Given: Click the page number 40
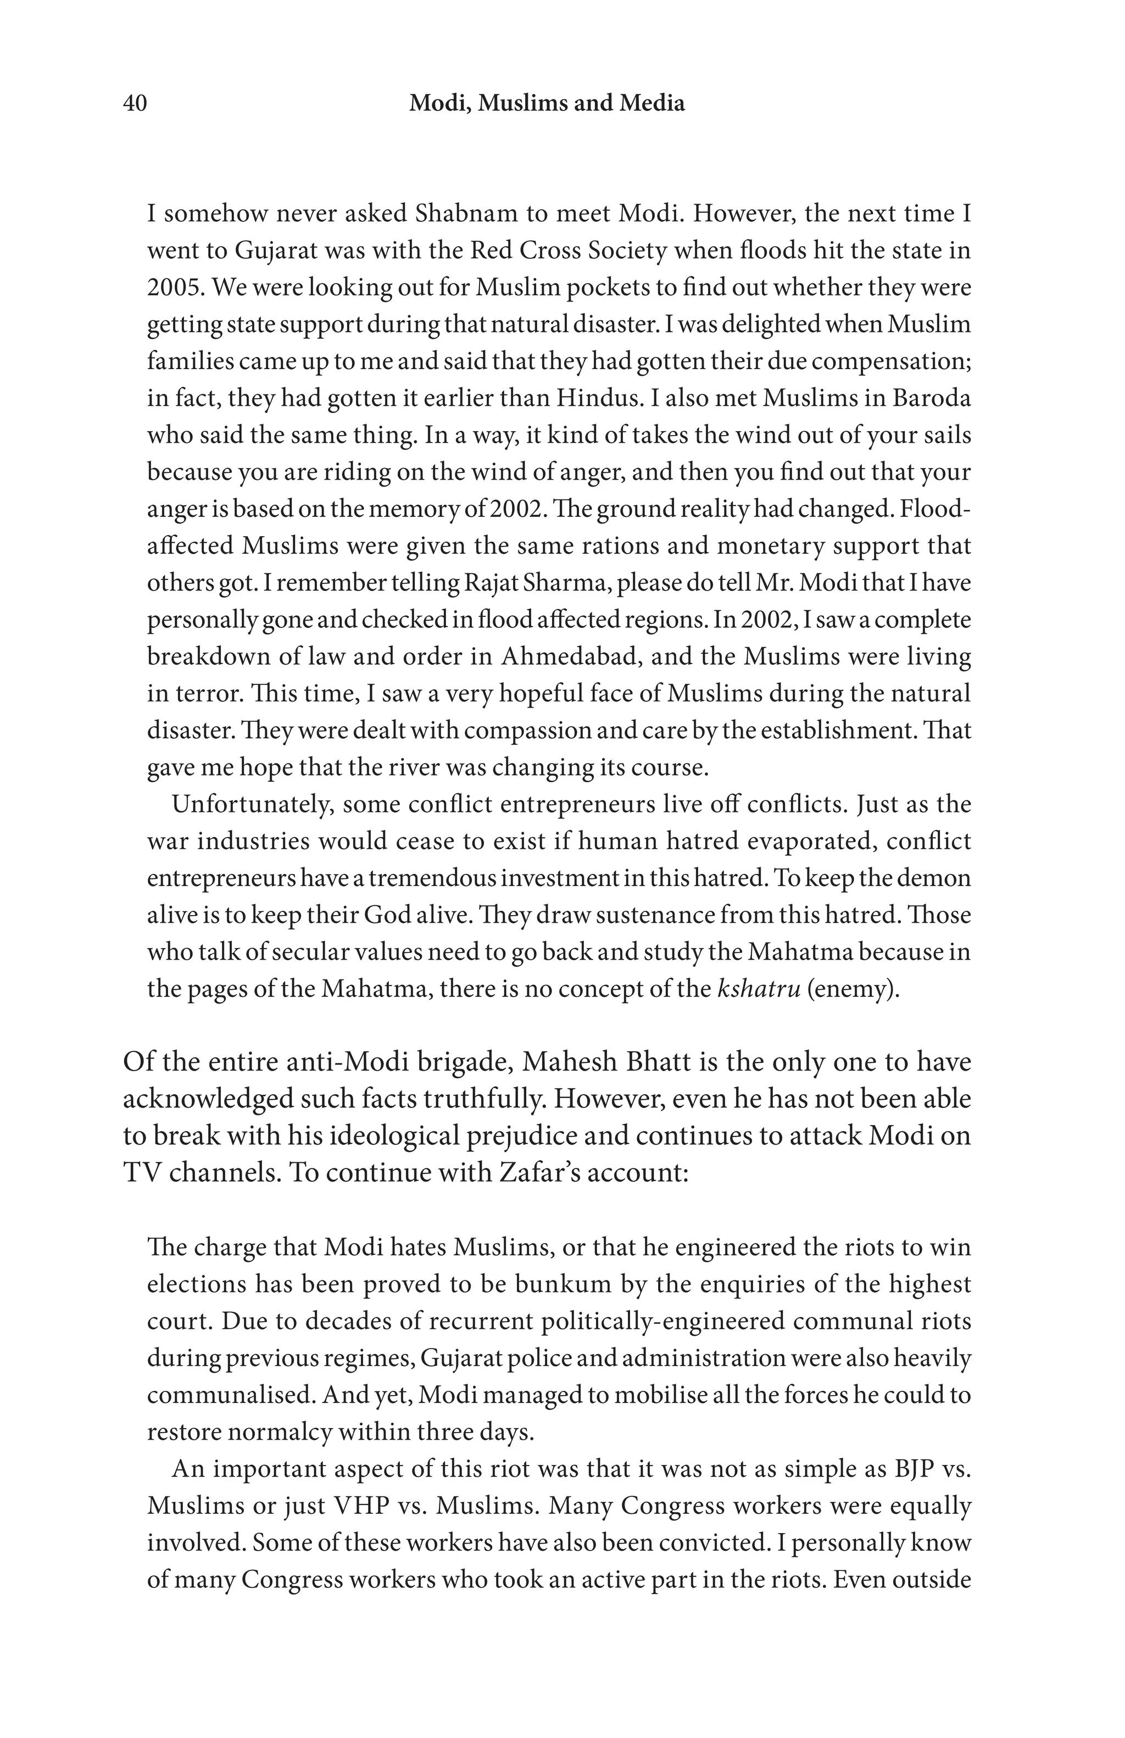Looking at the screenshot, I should click(x=135, y=104).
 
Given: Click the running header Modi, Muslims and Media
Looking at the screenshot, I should click(x=547, y=104).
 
